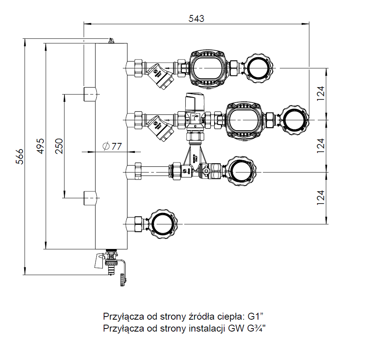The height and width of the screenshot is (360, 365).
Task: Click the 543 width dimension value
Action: [x=196, y=18]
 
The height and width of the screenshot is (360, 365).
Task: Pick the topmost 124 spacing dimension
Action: [x=321, y=93]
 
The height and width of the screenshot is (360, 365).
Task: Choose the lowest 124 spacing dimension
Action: [x=321, y=197]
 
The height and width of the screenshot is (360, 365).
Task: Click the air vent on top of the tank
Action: [x=111, y=40]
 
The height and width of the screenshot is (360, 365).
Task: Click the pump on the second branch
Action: [x=245, y=120]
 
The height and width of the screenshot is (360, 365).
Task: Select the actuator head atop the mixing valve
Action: [x=195, y=101]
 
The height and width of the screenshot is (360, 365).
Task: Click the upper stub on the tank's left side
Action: [x=90, y=94]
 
